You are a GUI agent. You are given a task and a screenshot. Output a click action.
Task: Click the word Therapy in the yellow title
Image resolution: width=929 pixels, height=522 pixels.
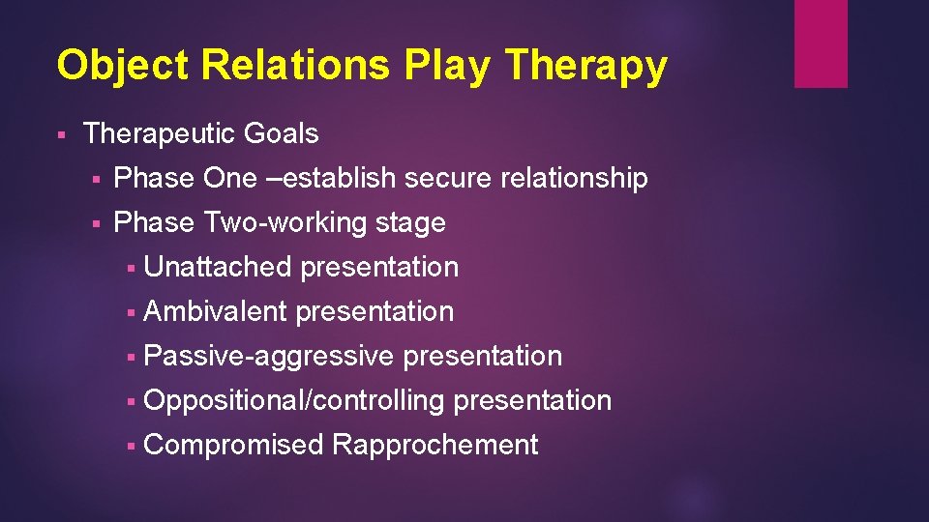coord(586,66)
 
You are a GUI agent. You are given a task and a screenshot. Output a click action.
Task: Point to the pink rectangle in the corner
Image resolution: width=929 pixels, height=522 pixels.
coord(821,43)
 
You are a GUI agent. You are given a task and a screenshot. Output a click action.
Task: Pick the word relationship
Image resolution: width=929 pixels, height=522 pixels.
coord(575,178)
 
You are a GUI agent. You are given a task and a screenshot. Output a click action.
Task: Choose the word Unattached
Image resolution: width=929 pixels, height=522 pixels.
coord(217,267)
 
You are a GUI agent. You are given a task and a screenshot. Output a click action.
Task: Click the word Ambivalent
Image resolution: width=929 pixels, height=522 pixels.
coord(215,311)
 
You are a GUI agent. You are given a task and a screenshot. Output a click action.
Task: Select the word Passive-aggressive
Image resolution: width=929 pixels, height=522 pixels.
coord(269,357)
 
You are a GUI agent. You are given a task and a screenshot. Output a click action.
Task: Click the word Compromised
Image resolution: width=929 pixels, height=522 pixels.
coord(233,446)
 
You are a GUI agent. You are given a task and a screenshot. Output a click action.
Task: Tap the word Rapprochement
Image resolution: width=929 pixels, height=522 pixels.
coord(435,446)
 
